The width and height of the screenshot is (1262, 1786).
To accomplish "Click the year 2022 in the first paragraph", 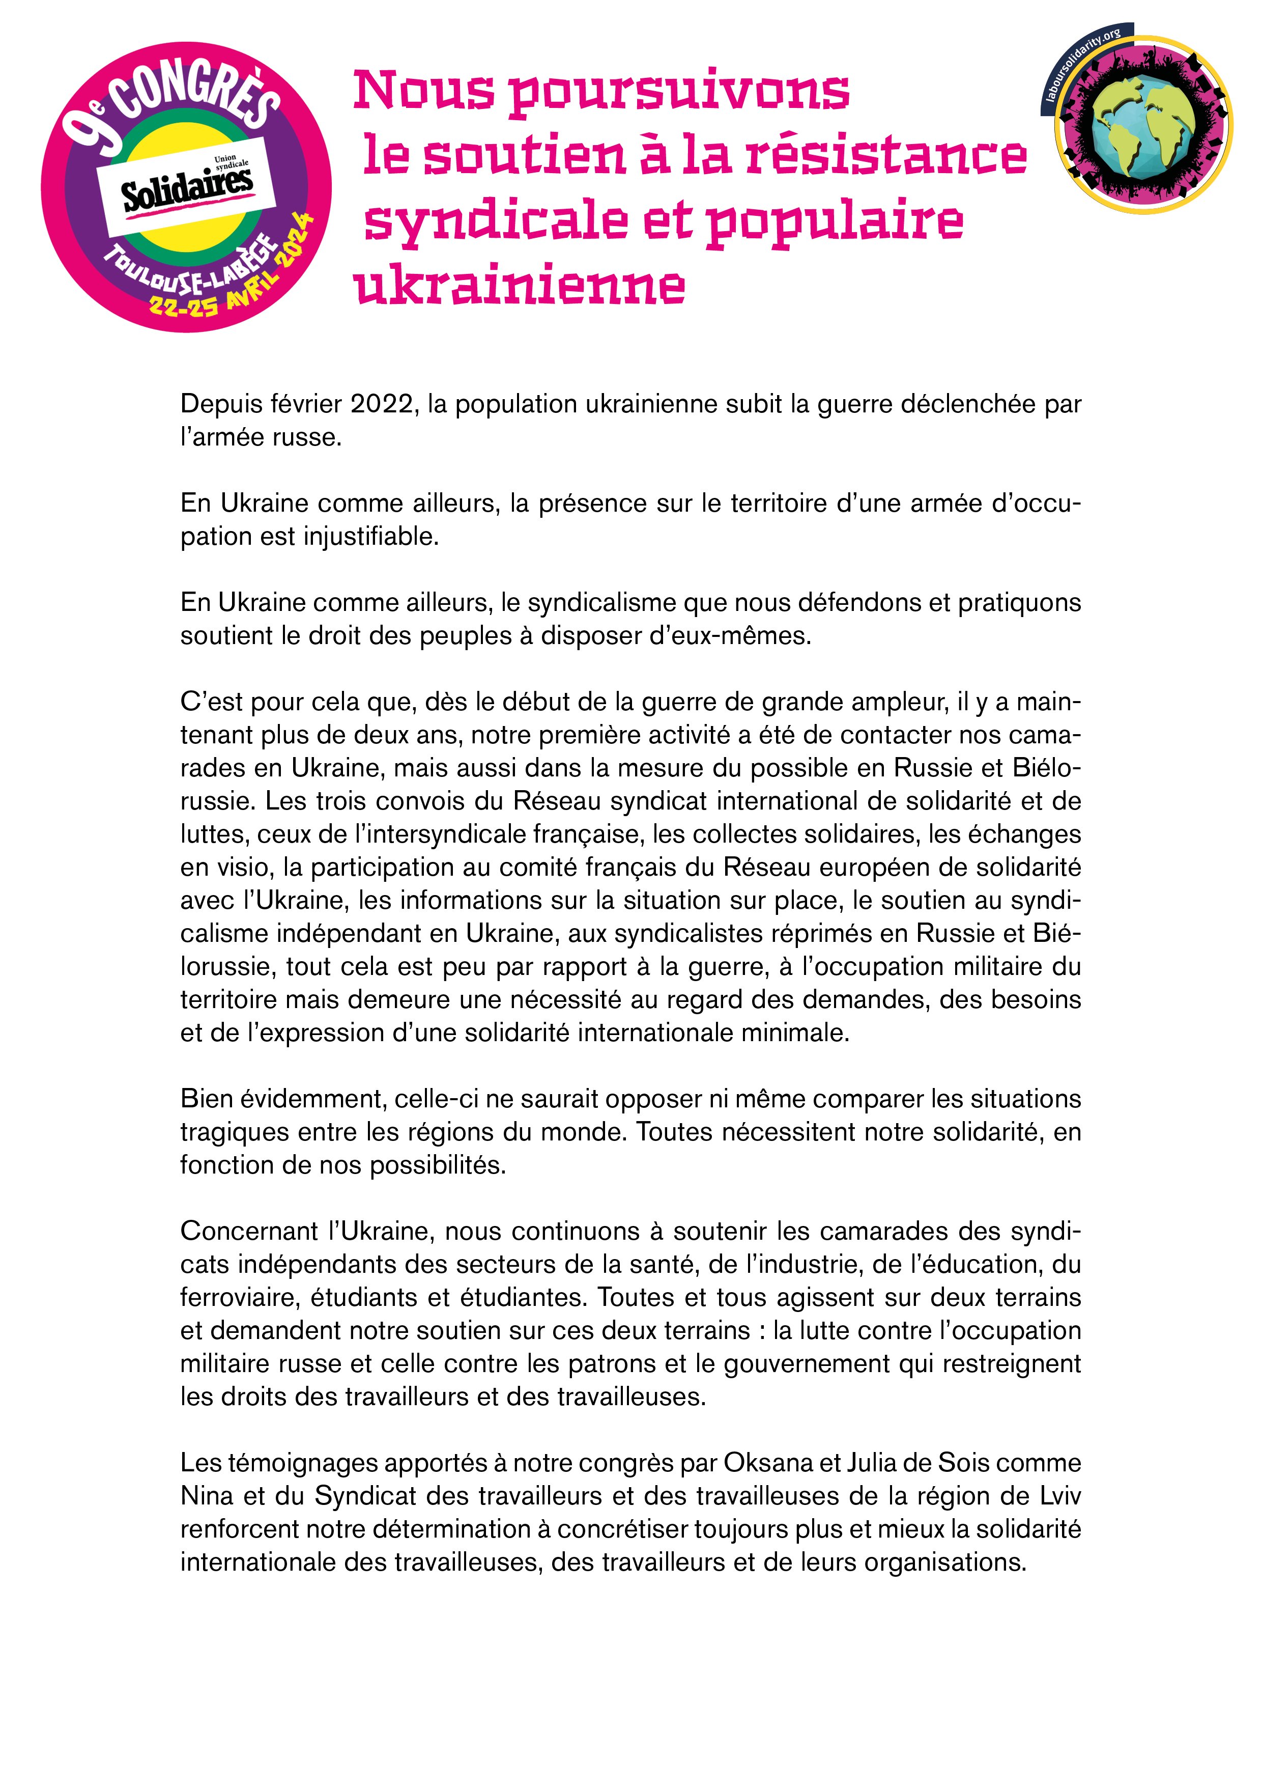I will [381, 404].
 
